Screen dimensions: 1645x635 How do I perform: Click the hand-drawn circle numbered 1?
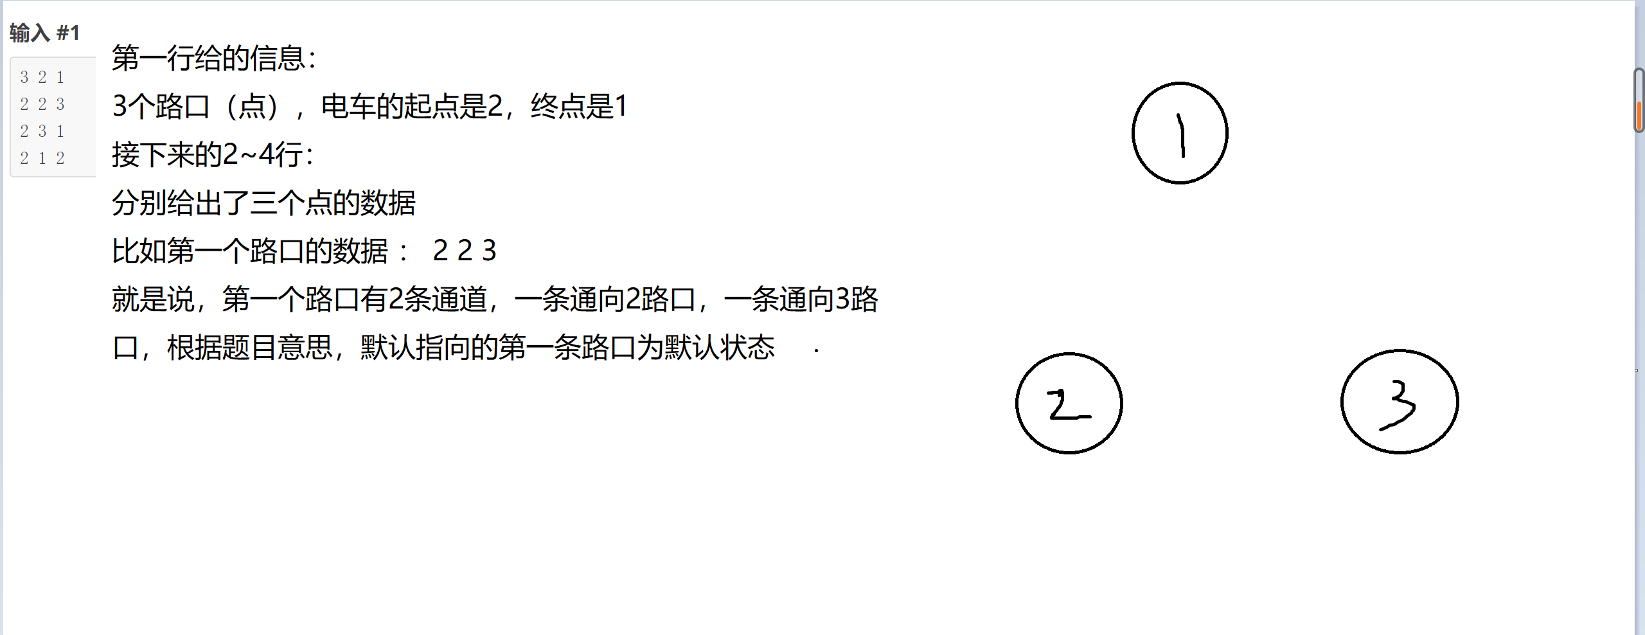[x=1180, y=133]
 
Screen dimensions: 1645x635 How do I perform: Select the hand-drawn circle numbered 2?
[x=1069, y=403]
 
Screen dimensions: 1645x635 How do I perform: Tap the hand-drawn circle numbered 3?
[x=1400, y=402]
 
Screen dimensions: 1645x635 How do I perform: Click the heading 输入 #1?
[x=44, y=33]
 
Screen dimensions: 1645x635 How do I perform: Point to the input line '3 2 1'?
[x=42, y=77]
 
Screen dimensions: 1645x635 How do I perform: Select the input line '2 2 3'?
[x=42, y=104]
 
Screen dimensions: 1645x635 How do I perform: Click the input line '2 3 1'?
[x=42, y=131]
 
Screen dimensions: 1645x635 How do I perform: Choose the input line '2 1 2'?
[x=42, y=158]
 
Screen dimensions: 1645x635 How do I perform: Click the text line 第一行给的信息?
[x=214, y=58]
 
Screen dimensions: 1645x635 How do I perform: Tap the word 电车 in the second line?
[x=348, y=107]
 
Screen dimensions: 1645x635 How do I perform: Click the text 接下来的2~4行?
[x=213, y=155]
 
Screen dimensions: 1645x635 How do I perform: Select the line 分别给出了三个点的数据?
[x=263, y=203]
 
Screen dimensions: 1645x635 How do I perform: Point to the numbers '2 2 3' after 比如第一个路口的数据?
[x=465, y=251]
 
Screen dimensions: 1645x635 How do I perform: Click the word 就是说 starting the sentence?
[x=153, y=300]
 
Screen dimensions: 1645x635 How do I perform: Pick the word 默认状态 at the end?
[x=720, y=348]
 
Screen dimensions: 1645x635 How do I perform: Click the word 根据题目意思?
[x=249, y=348]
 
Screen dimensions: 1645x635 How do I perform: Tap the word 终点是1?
[x=578, y=107]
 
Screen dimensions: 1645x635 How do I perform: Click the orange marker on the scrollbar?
[x=1640, y=114]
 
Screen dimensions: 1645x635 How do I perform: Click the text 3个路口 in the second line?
[x=161, y=107]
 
